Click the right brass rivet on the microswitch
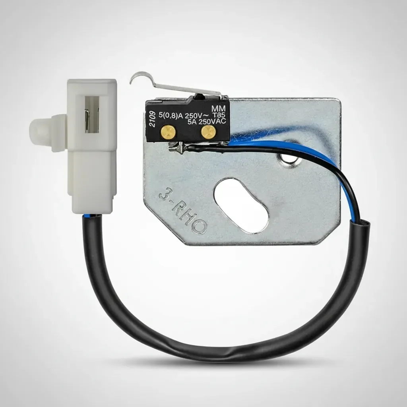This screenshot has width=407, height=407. pos(208,132)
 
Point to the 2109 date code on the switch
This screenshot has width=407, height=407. pos(152,119)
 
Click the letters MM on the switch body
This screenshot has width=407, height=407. pos(218,108)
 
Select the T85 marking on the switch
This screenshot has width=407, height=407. pos(219,115)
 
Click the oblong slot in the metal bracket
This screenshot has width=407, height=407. pos(241,205)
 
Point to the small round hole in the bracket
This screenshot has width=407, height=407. pos(288,159)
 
